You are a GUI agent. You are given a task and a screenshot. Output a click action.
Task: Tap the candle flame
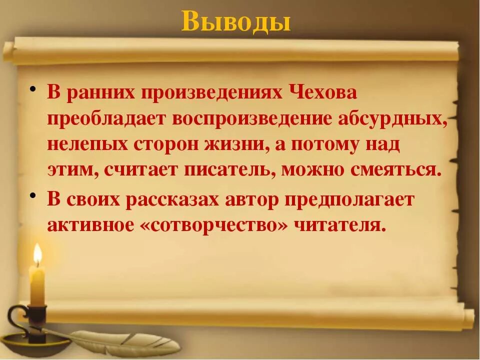tap(37, 254)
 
